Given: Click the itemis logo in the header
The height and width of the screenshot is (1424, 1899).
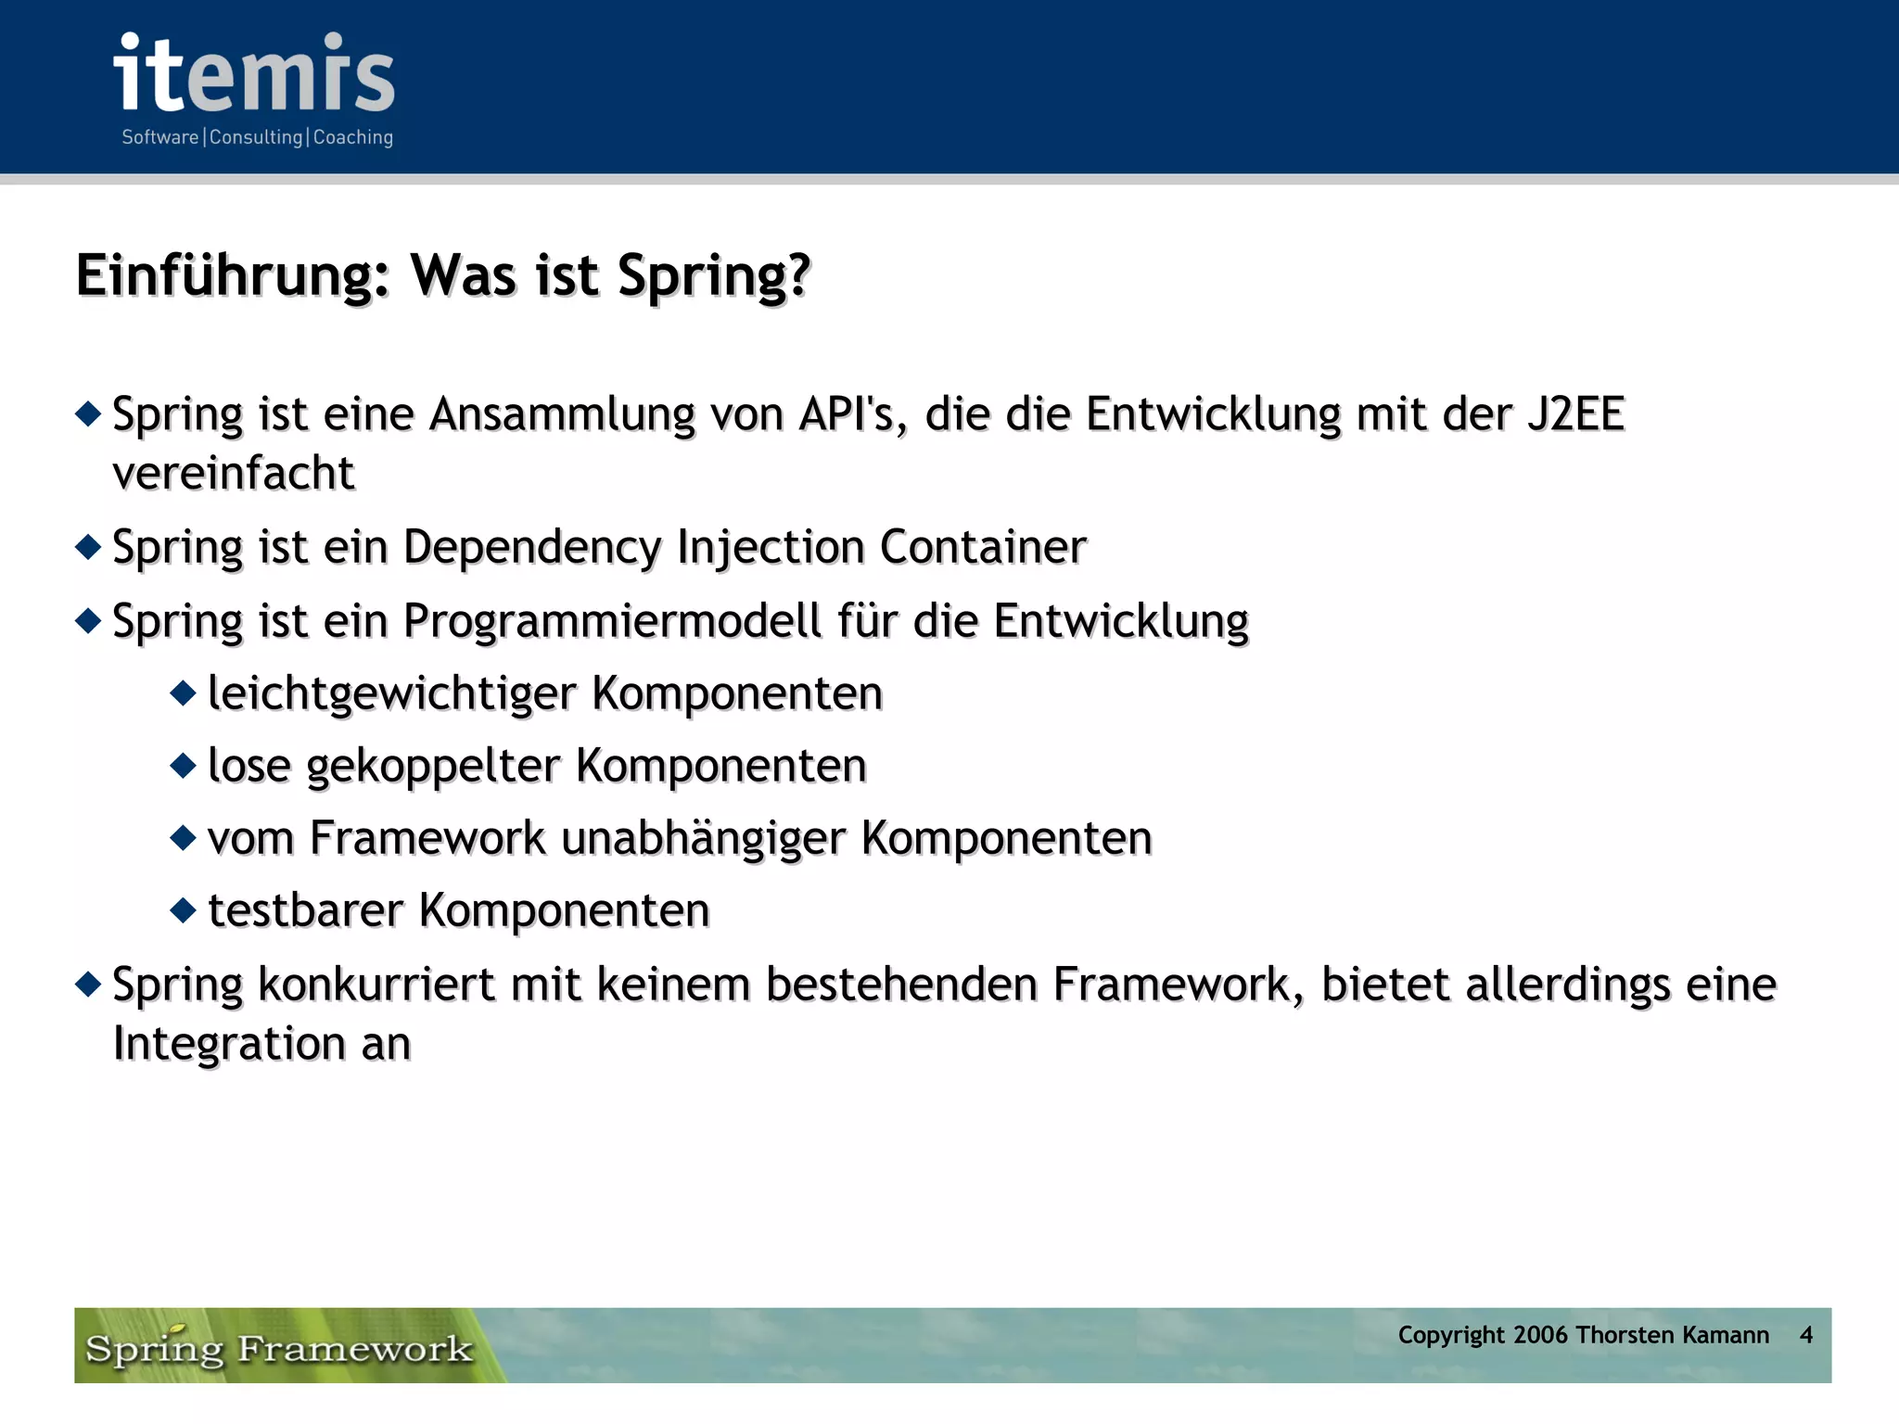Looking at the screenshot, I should (254, 74).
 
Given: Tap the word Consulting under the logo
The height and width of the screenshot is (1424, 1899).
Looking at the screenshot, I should (256, 137).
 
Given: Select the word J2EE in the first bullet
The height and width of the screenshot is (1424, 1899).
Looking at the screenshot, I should (1575, 413).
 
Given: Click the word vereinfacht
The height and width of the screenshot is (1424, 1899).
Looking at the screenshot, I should (234, 473).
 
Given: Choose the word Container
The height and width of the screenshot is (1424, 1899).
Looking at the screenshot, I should (983, 547).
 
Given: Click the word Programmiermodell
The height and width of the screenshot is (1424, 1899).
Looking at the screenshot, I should (612, 620).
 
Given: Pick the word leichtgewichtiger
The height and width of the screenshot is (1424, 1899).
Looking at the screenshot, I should (392, 693).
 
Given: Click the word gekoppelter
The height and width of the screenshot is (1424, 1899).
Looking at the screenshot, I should (433, 766).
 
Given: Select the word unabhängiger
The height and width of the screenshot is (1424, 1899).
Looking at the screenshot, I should (703, 838).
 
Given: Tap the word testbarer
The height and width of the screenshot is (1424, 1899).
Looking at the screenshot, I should (306, 910).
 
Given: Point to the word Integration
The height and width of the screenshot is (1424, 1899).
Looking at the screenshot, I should (229, 1043).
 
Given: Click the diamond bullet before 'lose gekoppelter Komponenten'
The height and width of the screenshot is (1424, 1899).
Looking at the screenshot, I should (184, 766).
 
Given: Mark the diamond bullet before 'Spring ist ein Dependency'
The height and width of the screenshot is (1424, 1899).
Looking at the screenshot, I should (88, 547).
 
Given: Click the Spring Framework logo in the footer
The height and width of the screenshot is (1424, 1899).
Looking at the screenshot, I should (278, 1347).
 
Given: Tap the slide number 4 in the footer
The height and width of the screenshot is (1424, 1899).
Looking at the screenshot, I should (1805, 1335).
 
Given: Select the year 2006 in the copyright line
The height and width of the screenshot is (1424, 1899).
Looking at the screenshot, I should (1539, 1335).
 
